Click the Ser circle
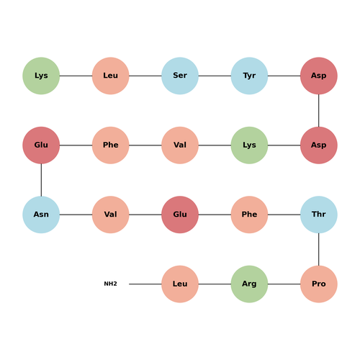click(x=180, y=76)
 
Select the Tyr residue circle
click(x=249, y=76)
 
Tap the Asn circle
click(x=41, y=215)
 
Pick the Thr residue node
click(x=319, y=215)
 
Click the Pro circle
click(x=319, y=284)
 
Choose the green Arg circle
click(x=249, y=284)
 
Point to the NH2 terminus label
click(x=110, y=284)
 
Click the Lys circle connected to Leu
click(x=41, y=76)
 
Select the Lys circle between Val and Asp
click(x=249, y=145)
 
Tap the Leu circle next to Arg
click(x=180, y=284)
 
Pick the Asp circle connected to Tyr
click(x=319, y=76)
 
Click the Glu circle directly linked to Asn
click(x=41, y=145)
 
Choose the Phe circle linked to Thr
click(x=249, y=215)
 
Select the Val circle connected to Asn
click(x=110, y=215)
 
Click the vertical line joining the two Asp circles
click(x=319, y=110)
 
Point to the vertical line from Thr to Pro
click(x=319, y=249)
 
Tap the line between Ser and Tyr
click(x=215, y=76)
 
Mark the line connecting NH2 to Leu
click(x=145, y=284)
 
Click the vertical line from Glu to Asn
click(x=41, y=180)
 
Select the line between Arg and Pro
click(x=284, y=284)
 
